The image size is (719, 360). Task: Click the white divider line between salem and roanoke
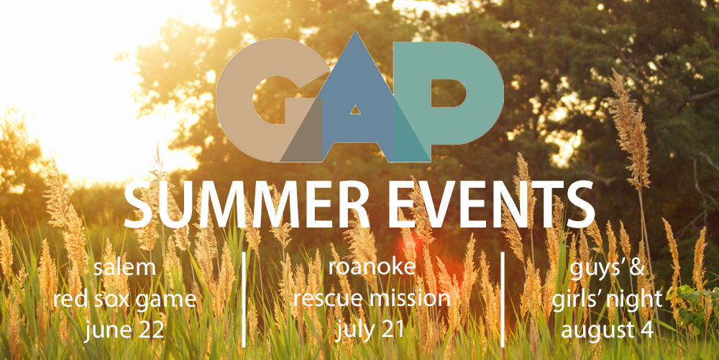(x=244, y=299)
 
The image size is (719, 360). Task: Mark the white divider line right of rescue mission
(x=503, y=299)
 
